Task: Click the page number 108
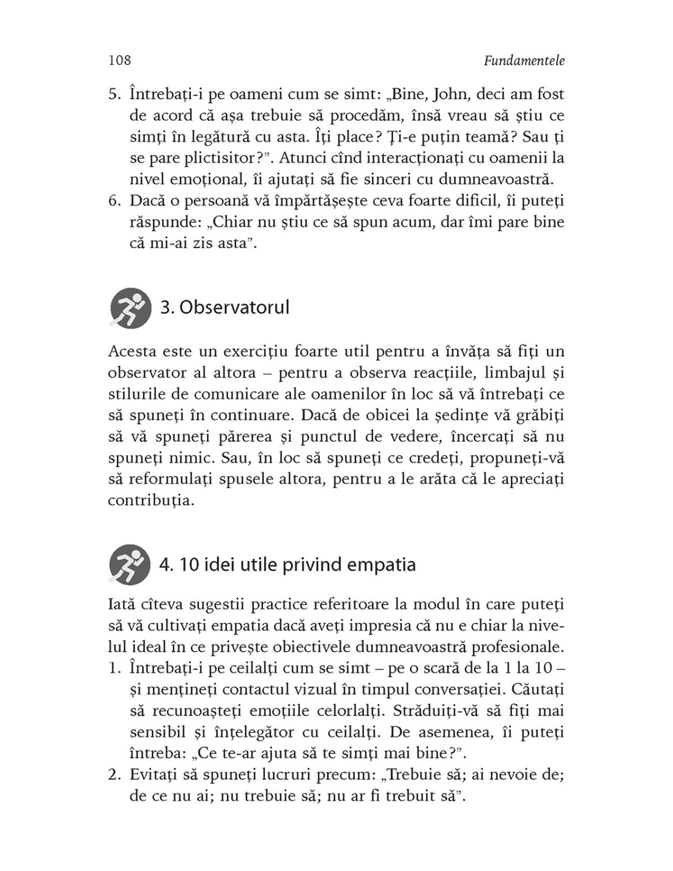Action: point(119,60)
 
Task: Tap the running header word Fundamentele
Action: point(524,60)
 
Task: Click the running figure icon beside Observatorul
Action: point(130,307)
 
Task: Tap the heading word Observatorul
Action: point(234,307)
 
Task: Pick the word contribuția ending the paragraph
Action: point(149,500)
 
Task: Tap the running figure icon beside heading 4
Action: point(130,564)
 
